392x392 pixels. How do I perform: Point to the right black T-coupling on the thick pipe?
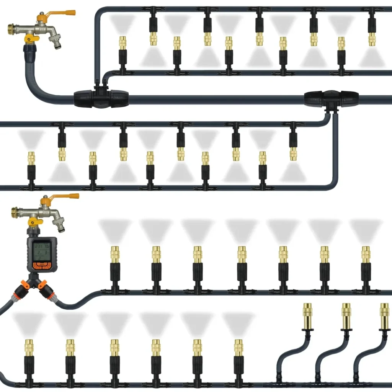pyautogui.click(x=332, y=98)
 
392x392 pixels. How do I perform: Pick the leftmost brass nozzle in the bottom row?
pyautogui.click(x=29, y=348)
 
